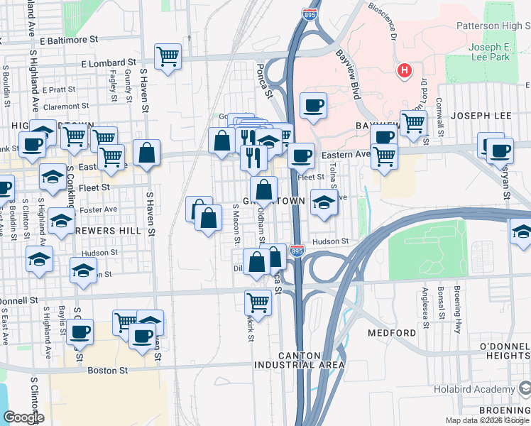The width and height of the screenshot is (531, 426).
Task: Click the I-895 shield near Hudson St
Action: click(x=297, y=251)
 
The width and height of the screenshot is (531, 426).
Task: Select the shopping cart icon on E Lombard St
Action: click(x=168, y=56)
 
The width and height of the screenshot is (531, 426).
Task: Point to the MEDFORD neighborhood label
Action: click(x=392, y=333)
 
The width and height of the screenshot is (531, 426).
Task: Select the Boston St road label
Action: click(x=107, y=371)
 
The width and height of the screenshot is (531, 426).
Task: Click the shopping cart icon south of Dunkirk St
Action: click(x=258, y=302)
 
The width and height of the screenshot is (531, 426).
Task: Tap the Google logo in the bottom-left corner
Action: click(x=23, y=418)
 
